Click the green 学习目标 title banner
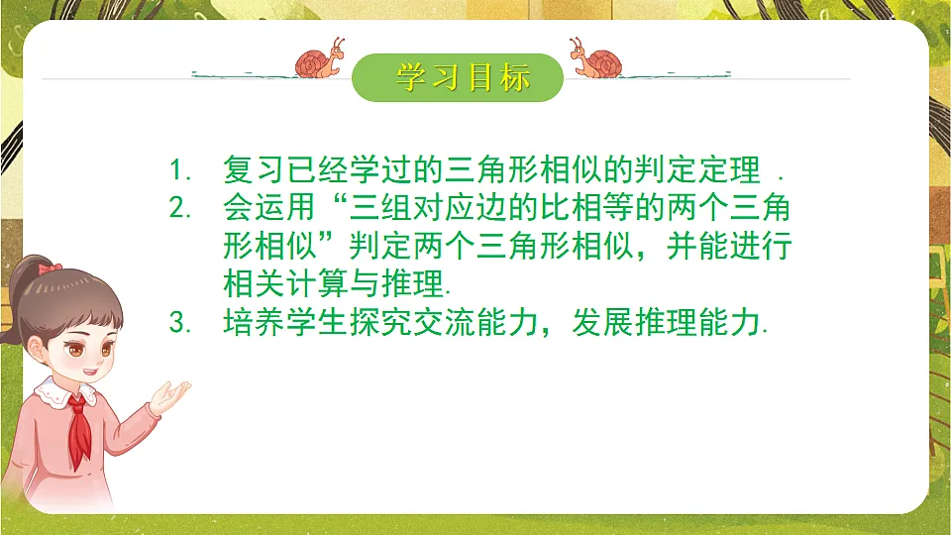pyautogui.click(x=458, y=77)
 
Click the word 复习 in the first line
pyautogui.click(x=254, y=169)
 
